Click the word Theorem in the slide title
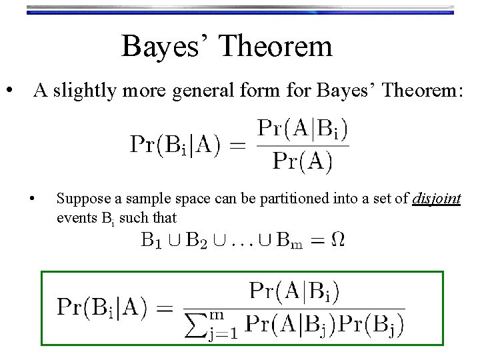tap(275, 47)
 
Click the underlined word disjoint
tap(437, 199)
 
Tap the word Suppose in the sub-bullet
tap(78, 199)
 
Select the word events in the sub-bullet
tap(74, 217)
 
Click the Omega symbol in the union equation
tap(338, 239)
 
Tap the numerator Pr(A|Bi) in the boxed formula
tap(294, 291)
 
